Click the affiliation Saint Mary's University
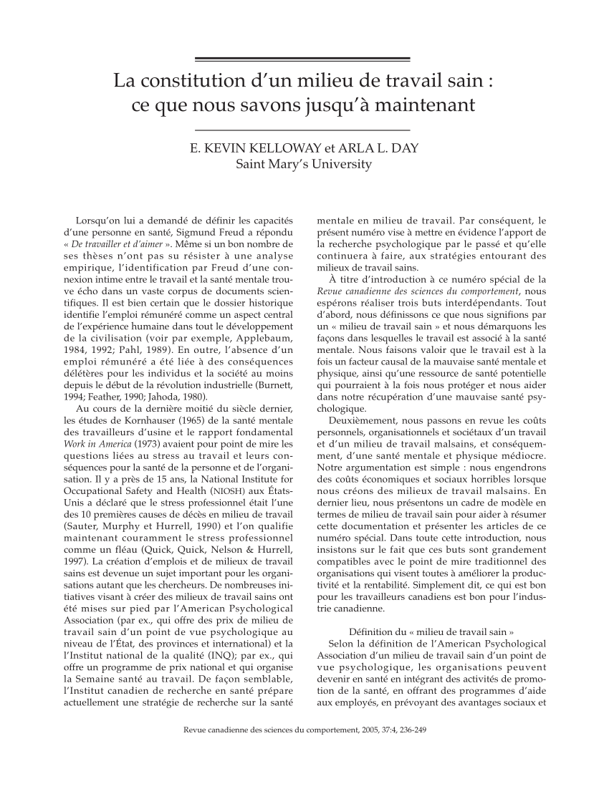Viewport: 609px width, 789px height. click(304, 165)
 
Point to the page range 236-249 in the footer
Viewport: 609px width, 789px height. click(410, 733)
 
